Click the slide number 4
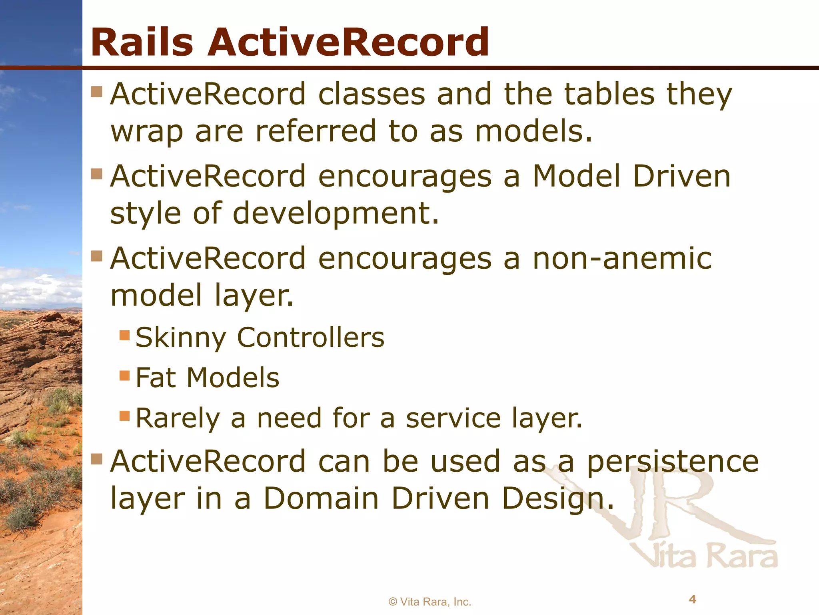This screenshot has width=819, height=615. [693, 599]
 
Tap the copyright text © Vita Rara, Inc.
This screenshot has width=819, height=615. [430, 602]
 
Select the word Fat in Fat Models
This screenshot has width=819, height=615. [156, 378]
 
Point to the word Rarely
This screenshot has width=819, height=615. [178, 418]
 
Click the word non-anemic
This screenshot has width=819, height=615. [622, 258]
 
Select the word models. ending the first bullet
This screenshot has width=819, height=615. [533, 131]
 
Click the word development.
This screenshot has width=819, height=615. [336, 213]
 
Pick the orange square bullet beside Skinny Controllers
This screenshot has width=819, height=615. [125, 335]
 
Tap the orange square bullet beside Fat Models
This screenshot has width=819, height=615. [125, 376]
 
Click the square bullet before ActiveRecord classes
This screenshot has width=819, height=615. [97, 92]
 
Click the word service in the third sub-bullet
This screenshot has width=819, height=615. [453, 418]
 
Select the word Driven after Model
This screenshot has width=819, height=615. [681, 176]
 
